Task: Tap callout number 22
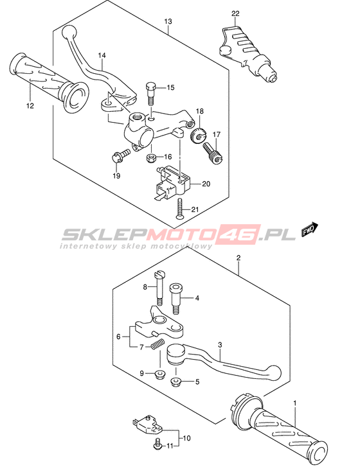click(235, 13)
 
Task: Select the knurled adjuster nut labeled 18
click(198, 135)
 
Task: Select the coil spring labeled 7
click(157, 344)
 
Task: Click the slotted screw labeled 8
click(160, 288)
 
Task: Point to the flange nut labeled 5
click(175, 382)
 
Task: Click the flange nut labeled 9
click(159, 375)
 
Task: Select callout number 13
click(168, 21)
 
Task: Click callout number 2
click(239, 258)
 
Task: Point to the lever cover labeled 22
click(247, 55)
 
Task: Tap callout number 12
click(30, 106)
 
